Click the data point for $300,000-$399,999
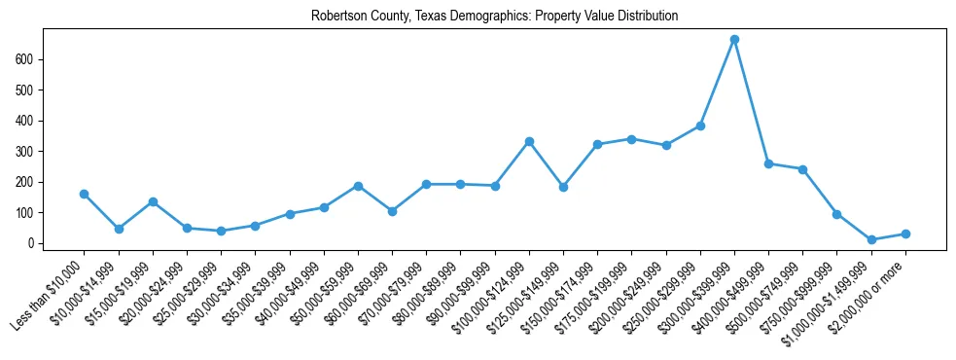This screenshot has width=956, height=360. [734, 40]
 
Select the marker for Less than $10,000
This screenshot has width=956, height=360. [85, 194]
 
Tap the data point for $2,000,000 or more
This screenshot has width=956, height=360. [905, 234]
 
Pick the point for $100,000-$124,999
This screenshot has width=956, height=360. [529, 141]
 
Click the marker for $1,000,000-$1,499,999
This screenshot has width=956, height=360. [871, 239]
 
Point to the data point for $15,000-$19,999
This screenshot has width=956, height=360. [153, 201]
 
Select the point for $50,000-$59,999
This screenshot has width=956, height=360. [358, 186]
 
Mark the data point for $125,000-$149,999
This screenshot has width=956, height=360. [563, 187]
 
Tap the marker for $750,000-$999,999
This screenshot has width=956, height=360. [836, 214]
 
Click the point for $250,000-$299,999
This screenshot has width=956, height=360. [700, 126]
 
